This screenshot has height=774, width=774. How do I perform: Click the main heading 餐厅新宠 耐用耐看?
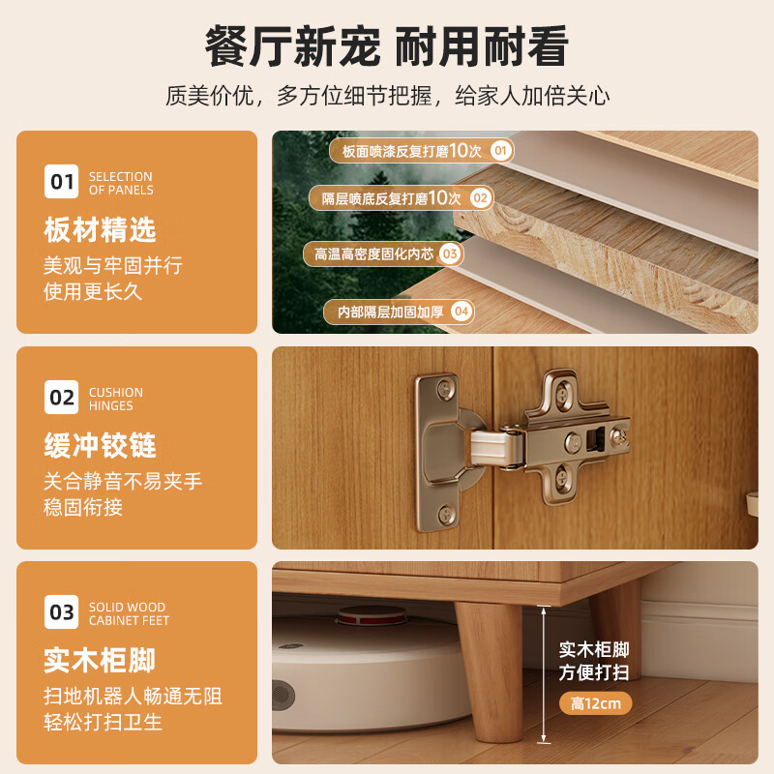pyautogui.click(x=387, y=45)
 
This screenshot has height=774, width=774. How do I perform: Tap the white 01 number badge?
pyautogui.click(x=62, y=181)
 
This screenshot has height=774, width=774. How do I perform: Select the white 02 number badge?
pyautogui.click(x=62, y=397)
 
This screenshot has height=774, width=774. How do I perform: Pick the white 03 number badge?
pyautogui.click(x=62, y=612)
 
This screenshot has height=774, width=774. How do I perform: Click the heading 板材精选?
pyautogui.click(x=100, y=230)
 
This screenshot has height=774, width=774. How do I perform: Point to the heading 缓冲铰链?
pyautogui.click(x=100, y=446)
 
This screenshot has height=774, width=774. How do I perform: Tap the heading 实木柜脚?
pyautogui.click(x=100, y=662)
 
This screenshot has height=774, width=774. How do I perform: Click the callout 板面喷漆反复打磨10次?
pyautogui.click(x=412, y=150)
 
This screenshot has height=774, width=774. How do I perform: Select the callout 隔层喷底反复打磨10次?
pyautogui.click(x=392, y=197)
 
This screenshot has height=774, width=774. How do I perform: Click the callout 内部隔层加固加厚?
pyautogui.click(x=389, y=312)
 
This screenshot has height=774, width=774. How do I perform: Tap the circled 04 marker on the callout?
pyautogui.click(x=461, y=312)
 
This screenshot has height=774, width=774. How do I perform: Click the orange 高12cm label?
pyautogui.click(x=595, y=702)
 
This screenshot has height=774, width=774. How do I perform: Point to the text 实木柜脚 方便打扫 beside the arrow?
pyautogui.click(x=595, y=661)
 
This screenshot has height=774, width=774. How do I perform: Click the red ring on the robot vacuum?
pyautogui.click(x=372, y=613)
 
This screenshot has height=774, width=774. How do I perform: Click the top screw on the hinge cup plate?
pyautogui.click(x=444, y=389)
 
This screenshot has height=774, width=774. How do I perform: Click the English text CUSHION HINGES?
pyautogui.click(x=115, y=399)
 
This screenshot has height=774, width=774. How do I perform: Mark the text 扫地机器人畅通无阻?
pyautogui.click(x=134, y=696)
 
